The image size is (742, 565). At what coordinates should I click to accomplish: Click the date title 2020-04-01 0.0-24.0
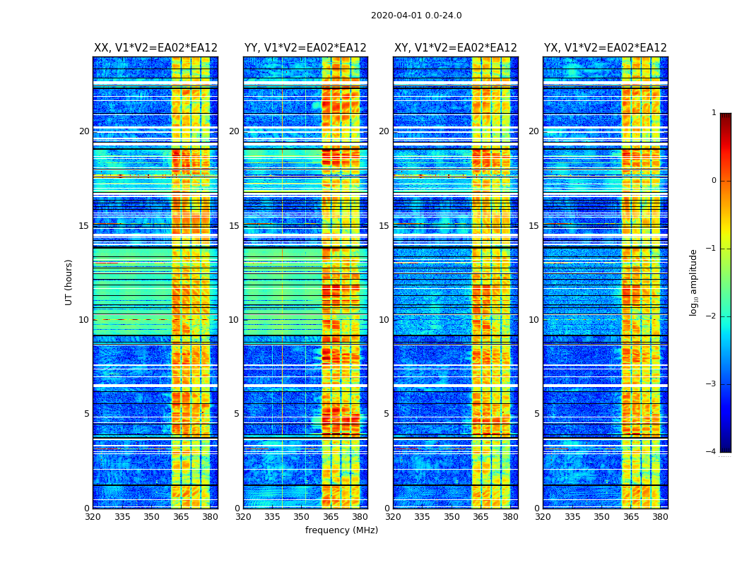pos(416,16)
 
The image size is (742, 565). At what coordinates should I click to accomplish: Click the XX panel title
pos(155,48)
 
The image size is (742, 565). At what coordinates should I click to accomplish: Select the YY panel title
pos(305,48)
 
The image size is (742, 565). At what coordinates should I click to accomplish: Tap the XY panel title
pos(456,48)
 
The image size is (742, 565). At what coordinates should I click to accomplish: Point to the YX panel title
pos(605,48)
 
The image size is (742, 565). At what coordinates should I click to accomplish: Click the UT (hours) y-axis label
pos(69,282)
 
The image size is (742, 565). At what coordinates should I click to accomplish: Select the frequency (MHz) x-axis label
pos(341,530)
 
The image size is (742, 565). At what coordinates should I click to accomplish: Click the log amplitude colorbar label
pos(694,282)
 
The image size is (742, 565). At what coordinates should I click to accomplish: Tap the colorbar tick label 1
pos(714,113)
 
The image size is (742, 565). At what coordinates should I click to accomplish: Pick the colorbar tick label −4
pos(712,452)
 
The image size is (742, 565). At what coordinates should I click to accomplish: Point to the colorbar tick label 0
pos(714,181)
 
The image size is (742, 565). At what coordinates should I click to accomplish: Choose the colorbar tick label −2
pos(712,316)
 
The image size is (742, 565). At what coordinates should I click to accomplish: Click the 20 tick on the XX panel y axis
pos(84,131)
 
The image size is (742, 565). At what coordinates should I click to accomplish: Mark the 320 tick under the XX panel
pos(93,517)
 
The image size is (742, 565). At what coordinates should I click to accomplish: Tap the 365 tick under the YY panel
pos(331,517)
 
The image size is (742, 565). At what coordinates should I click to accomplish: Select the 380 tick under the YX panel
pos(660,517)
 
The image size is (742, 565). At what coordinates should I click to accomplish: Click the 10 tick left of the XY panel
pos(384,320)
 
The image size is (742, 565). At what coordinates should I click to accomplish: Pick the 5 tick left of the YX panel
pos(536,414)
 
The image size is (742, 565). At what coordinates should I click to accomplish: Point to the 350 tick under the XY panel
pos(452,517)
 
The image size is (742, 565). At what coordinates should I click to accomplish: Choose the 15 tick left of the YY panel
pos(234,226)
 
